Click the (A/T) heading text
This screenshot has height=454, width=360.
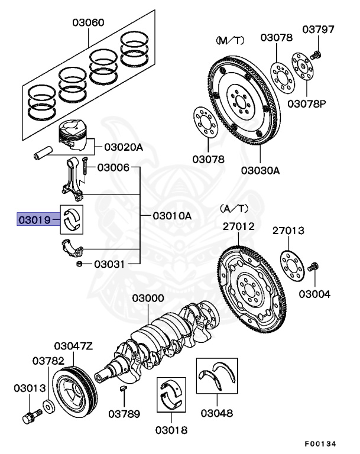pos(235,208)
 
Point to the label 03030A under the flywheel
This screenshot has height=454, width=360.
pos(260,171)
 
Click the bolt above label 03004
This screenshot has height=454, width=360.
pos(313,269)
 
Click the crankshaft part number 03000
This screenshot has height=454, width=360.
pos(148,299)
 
